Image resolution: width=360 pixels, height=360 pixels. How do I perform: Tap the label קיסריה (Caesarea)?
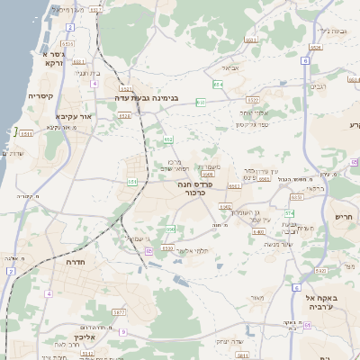(40, 95)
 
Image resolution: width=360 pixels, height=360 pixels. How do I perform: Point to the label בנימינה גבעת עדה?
(148, 97)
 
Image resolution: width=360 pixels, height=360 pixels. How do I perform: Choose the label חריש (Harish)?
(346, 216)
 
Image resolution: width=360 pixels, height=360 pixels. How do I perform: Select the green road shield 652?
(168, 139)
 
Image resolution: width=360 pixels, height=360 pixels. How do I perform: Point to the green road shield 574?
(289, 213)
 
